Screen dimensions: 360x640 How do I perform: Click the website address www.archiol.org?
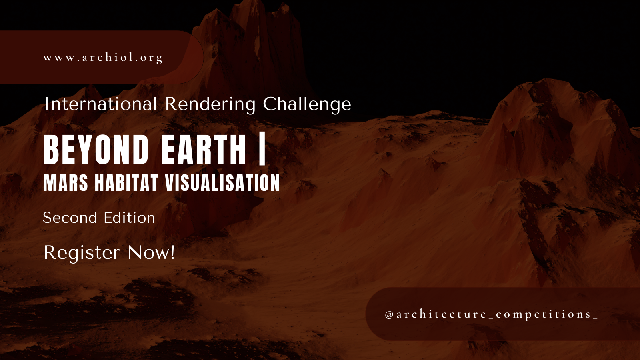103,58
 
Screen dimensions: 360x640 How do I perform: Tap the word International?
100,104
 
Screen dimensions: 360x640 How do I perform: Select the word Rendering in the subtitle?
210,104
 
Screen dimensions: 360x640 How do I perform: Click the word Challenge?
307,105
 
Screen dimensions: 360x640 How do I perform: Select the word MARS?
66,183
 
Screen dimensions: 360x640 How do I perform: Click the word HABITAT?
126,183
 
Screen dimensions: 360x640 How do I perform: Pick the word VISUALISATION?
222,183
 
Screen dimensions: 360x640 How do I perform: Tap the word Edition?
129,218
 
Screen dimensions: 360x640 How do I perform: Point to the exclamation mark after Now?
172,253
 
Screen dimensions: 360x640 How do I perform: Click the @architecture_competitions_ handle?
491,314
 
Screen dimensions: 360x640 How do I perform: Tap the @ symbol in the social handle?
389,315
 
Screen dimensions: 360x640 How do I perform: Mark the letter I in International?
46,104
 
